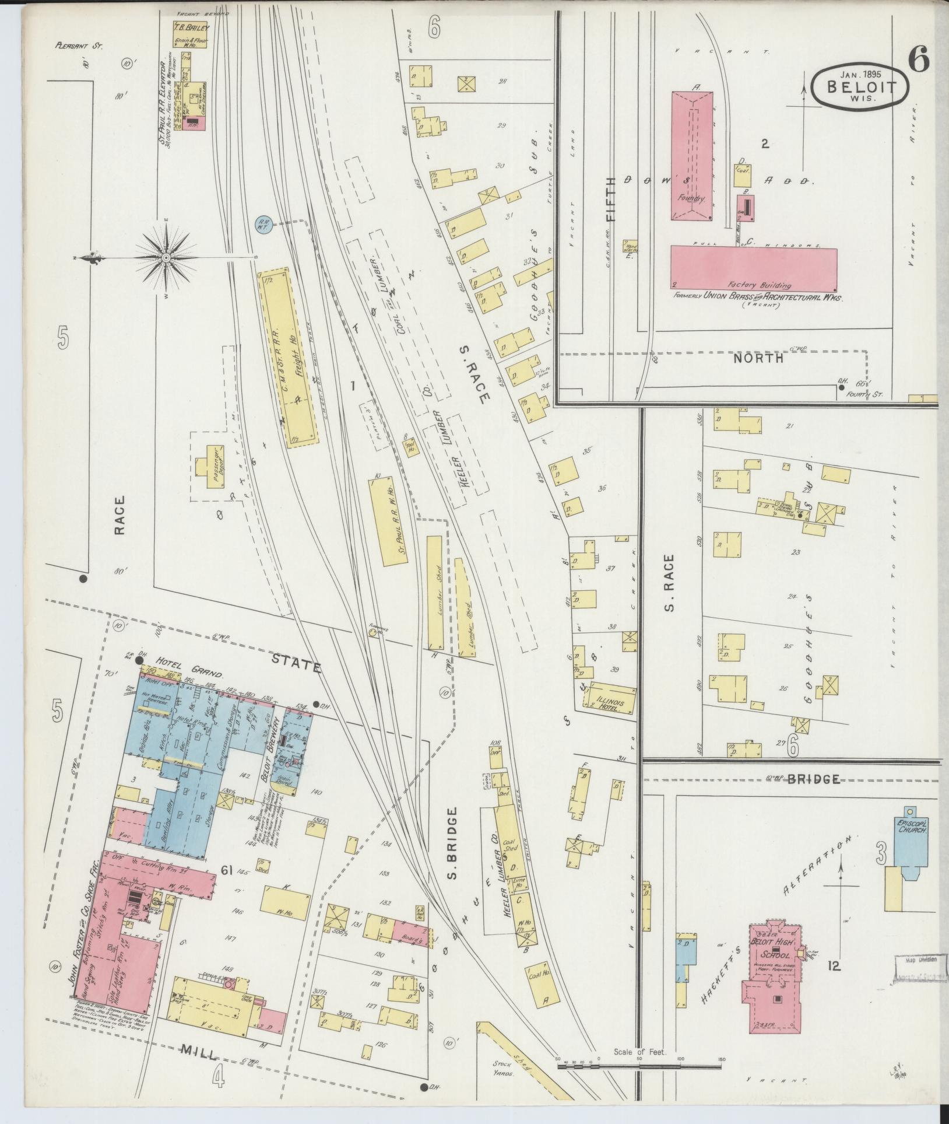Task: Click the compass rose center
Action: pos(167,257)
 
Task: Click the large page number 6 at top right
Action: pos(917,61)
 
